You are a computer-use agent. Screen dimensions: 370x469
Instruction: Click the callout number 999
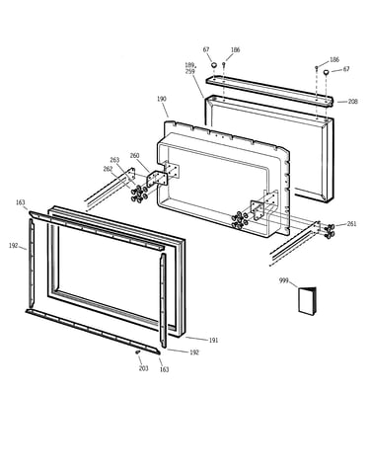point(284,280)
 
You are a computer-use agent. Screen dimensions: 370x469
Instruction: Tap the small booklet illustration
point(308,301)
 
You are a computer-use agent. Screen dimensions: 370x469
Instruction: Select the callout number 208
point(353,102)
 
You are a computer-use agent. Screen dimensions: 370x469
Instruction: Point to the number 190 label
point(162,99)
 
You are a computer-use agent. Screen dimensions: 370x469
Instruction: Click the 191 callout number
point(213,340)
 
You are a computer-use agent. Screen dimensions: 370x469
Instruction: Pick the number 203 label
point(143,368)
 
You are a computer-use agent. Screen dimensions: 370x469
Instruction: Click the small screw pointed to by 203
point(138,352)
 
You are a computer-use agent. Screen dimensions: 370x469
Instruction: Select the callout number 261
point(351,224)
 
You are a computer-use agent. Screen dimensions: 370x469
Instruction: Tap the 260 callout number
point(134,156)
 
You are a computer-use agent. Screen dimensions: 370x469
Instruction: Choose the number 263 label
point(114,160)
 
